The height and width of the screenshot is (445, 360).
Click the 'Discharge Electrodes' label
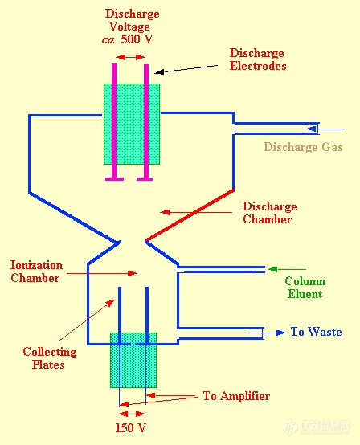(258, 59)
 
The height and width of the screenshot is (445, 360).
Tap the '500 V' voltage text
(137, 39)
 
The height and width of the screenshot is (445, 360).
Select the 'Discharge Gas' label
(303, 147)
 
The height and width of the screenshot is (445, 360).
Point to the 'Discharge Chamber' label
(269, 213)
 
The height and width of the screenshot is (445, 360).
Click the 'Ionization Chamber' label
(36, 271)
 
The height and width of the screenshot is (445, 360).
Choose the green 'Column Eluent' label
(305, 288)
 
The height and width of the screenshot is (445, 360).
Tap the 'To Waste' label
(316, 332)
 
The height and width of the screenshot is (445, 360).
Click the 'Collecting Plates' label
(49, 358)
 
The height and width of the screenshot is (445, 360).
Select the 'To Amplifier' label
(236, 396)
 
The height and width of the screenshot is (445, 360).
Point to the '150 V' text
(131, 427)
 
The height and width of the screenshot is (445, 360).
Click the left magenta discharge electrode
(114, 122)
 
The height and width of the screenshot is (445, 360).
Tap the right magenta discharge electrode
(146, 122)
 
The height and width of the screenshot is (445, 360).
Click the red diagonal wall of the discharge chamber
(190, 215)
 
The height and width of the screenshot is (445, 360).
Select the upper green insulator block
(132, 124)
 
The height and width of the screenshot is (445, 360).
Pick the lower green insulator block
(133, 360)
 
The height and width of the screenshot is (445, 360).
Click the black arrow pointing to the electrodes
(186, 69)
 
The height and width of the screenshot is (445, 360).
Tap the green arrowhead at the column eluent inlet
(273, 269)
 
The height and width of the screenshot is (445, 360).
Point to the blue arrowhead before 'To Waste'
(281, 333)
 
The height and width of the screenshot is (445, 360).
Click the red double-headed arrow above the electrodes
(131, 57)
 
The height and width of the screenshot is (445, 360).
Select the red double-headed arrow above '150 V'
(132, 414)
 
